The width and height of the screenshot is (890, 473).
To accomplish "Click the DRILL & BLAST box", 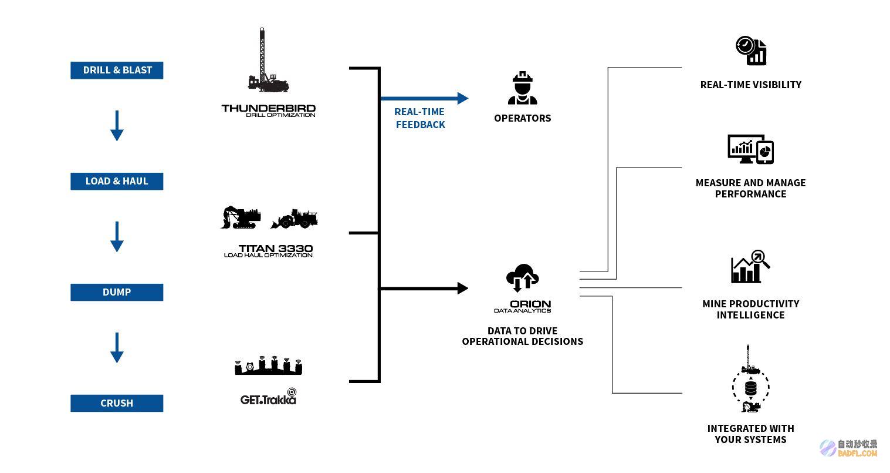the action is (x=117, y=70).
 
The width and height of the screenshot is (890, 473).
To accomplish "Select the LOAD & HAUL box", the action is (x=117, y=181).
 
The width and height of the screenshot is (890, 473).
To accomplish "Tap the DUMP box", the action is (x=117, y=292).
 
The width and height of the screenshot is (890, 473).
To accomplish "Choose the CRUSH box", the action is (x=117, y=403).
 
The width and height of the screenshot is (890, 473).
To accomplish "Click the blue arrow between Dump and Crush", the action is (x=117, y=348).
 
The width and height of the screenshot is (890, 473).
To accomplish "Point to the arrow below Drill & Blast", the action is (x=117, y=126).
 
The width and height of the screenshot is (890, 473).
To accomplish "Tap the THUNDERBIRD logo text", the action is (x=269, y=110).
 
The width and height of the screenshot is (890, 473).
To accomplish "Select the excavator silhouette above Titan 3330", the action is (x=241, y=217).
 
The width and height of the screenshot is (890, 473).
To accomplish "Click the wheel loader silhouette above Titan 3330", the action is (x=294, y=219).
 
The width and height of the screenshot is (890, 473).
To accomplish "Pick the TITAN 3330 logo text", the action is (x=269, y=251).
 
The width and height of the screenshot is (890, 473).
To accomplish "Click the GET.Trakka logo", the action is (x=269, y=397).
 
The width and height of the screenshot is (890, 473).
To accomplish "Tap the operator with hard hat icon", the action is (x=523, y=88).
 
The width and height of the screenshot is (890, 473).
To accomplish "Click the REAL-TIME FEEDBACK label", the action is (x=420, y=118).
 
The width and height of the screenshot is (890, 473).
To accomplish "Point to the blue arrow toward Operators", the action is (x=424, y=98).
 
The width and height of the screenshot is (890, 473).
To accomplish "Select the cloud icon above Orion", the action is (x=523, y=277).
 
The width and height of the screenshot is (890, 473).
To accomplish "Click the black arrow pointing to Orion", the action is (x=424, y=288).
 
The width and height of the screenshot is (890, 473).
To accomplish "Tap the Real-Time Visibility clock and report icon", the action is (x=751, y=51).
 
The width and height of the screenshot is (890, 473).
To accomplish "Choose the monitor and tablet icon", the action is (x=750, y=149).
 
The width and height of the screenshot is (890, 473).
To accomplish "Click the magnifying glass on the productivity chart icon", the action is (x=760, y=258).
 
